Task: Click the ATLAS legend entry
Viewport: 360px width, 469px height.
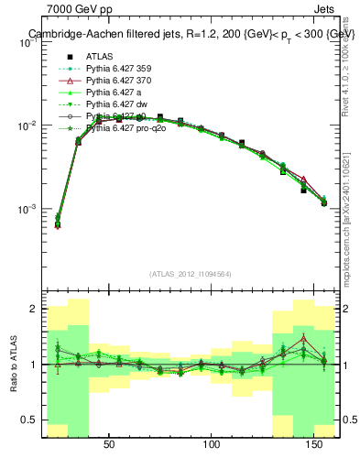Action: point(98,55)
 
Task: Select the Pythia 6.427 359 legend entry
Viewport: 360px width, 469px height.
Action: point(115,68)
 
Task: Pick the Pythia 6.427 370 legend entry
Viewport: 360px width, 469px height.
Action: point(115,81)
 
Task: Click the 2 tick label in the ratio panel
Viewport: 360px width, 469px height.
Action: point(35,309)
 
